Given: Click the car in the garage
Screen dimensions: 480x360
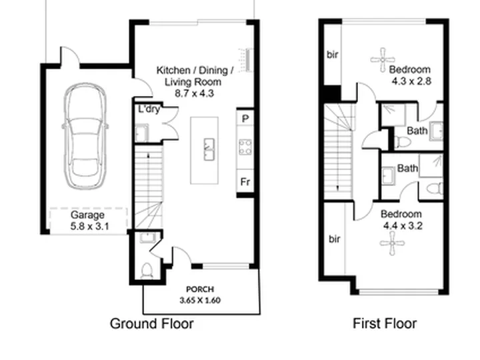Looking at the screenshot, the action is [85, 136].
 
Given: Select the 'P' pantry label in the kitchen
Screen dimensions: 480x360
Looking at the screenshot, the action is [245, 119].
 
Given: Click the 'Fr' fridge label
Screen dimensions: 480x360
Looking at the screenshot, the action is [245, 182].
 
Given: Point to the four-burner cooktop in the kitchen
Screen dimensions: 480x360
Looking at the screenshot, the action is [245, 147].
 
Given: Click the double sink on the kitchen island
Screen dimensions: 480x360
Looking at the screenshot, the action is [209, 149].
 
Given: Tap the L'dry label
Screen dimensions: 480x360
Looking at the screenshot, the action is [149, 109].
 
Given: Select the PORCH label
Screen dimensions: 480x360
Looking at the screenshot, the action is [200, 289].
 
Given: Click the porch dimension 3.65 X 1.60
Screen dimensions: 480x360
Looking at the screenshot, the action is [200, 300].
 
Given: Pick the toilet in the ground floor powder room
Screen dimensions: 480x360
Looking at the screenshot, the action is [147, 271].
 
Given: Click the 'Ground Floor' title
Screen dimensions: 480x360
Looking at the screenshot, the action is [151, 323].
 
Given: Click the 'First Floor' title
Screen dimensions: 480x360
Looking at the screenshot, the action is [385, 323].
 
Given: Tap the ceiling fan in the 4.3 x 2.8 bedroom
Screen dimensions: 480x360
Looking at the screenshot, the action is [383, 60].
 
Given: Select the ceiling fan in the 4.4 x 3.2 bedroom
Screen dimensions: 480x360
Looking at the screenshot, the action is [393, 243].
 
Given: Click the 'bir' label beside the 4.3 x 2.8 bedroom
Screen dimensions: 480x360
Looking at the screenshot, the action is [333, 55].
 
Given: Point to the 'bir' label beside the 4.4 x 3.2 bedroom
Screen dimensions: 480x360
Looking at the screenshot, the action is [334, 239].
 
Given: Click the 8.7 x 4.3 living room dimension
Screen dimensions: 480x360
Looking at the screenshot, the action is [195, 93].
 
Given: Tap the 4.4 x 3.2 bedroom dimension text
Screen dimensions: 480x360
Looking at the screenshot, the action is [403, 226].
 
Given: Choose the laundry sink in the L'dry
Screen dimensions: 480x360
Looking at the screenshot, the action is [142, 133].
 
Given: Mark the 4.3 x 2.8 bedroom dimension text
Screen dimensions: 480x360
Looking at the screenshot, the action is [411, 81].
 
